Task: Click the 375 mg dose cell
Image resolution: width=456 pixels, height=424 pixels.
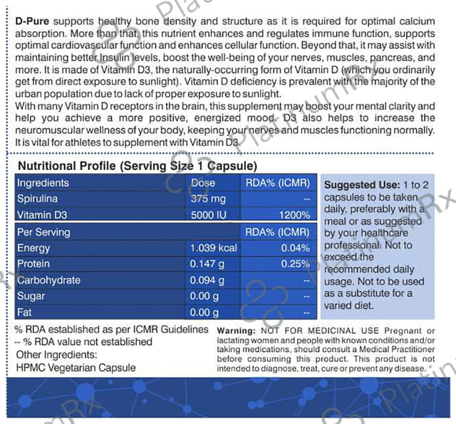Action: point(209,198)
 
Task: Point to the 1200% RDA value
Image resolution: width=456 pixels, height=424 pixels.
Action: point(294,214)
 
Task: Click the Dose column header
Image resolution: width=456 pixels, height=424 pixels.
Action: point(203,183)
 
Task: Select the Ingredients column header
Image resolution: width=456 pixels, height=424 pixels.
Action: point(43,183)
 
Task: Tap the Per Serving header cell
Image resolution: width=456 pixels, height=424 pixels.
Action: point(43,232)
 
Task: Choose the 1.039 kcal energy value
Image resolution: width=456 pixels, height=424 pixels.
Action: point(213,248)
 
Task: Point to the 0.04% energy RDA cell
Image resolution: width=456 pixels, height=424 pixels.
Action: point(296,248)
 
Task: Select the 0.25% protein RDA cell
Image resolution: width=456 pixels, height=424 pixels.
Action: point(296,264)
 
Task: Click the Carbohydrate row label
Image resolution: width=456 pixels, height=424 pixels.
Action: point(49,280)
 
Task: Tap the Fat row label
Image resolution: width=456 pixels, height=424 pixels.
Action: point(25,312)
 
